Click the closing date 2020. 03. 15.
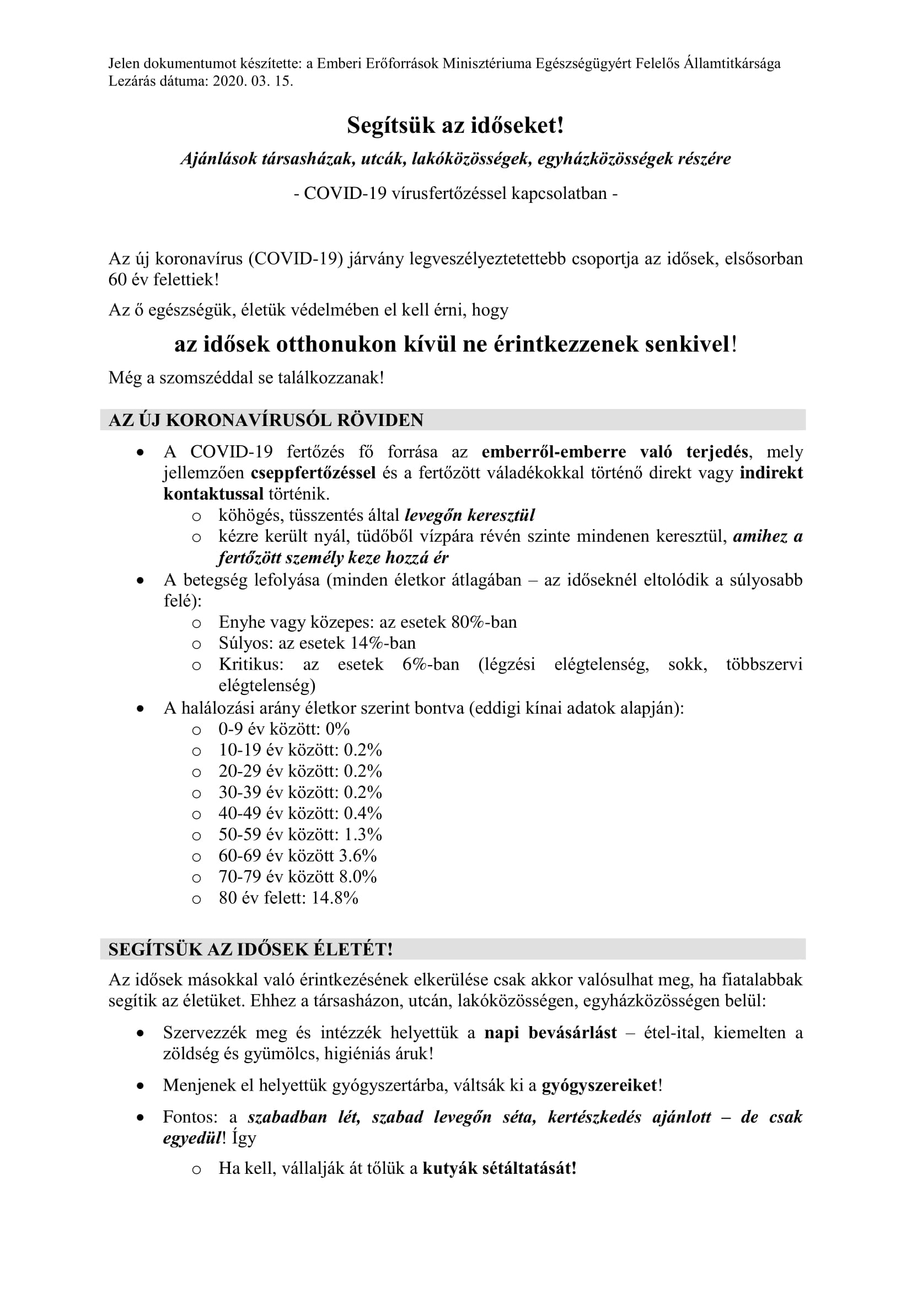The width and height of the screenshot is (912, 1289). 253,81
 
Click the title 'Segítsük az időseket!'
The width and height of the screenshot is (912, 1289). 455,125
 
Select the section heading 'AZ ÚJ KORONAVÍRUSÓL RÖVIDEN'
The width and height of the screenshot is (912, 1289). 266,420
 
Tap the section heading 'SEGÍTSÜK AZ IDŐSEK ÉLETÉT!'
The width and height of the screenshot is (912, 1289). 250,949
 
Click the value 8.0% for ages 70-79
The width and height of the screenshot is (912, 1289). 358,876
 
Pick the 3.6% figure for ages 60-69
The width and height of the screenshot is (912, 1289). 358,856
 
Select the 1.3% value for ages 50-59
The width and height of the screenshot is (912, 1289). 363,834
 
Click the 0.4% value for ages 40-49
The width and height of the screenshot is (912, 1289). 363,813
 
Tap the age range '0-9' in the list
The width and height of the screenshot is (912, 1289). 231,729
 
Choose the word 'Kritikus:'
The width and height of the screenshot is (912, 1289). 251,664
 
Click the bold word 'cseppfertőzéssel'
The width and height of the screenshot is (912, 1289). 313,473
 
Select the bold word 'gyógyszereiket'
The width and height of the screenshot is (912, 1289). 599,1085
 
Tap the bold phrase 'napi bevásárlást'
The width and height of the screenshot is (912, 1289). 550,1032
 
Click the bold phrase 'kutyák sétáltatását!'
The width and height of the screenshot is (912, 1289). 499,1168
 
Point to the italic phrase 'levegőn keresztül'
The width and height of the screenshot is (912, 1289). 469,515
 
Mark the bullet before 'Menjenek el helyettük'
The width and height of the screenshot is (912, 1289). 141,1086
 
